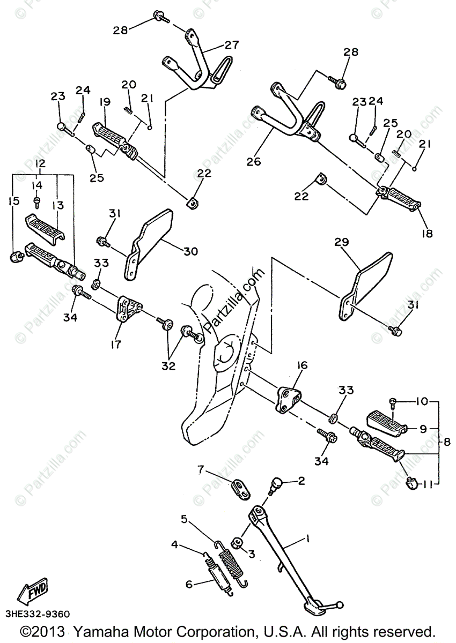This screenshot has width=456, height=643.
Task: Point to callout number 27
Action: pyautogui.click(x=231, y=46)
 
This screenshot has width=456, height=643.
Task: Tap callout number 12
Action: pyautogui.click(x=40, y=163)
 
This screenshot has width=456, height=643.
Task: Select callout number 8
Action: pyautogui.click(x=446, y=442)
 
